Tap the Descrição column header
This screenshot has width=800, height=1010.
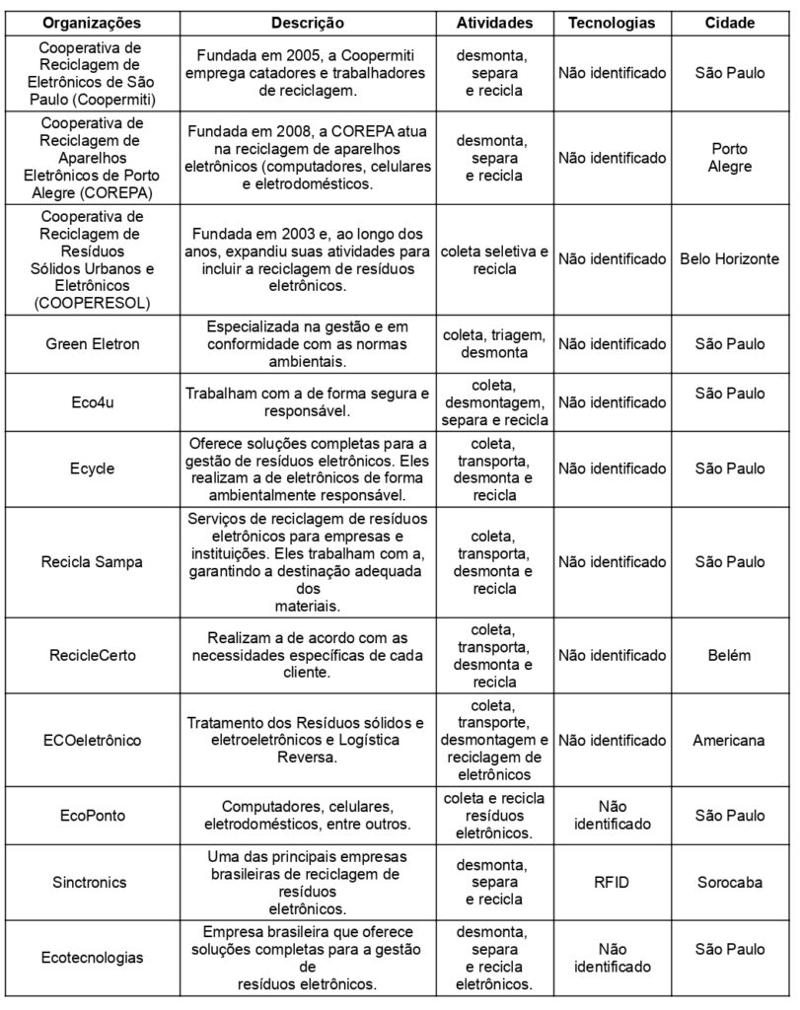(308, 22)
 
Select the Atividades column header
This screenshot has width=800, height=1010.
(494, 22)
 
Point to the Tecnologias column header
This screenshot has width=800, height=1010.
(612, 22)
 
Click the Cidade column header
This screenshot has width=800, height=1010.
(730, 22)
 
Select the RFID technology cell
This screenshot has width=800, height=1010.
(612, 882)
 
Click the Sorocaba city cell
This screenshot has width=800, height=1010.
(730, 882)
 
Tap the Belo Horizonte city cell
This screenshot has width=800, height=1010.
(730, 259)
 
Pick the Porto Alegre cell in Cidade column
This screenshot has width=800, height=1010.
(730, 157)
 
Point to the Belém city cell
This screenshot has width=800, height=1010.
(730, 655)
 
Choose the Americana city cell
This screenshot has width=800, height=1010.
(730, 739)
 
